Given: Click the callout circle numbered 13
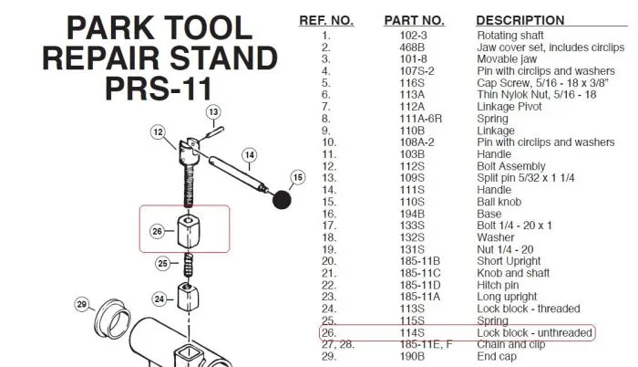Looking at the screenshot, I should [x=212, y=112].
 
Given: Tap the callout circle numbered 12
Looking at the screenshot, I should [x=157, y=132].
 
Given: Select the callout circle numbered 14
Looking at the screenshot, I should [x=250, y=155].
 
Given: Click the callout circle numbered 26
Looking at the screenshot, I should [x=157, y=232].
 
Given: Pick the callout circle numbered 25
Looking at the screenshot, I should [x=161, y=264].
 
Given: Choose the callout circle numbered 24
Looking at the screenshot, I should [x=158, y=299].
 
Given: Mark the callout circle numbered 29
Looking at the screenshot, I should [x=81, y=303].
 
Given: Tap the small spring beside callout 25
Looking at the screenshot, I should [x=189, y=267].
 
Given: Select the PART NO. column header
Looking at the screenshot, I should [x=414, y=20].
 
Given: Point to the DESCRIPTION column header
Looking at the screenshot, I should [x=520, y=20].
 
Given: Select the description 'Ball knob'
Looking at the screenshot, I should [x=501, y=202].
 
